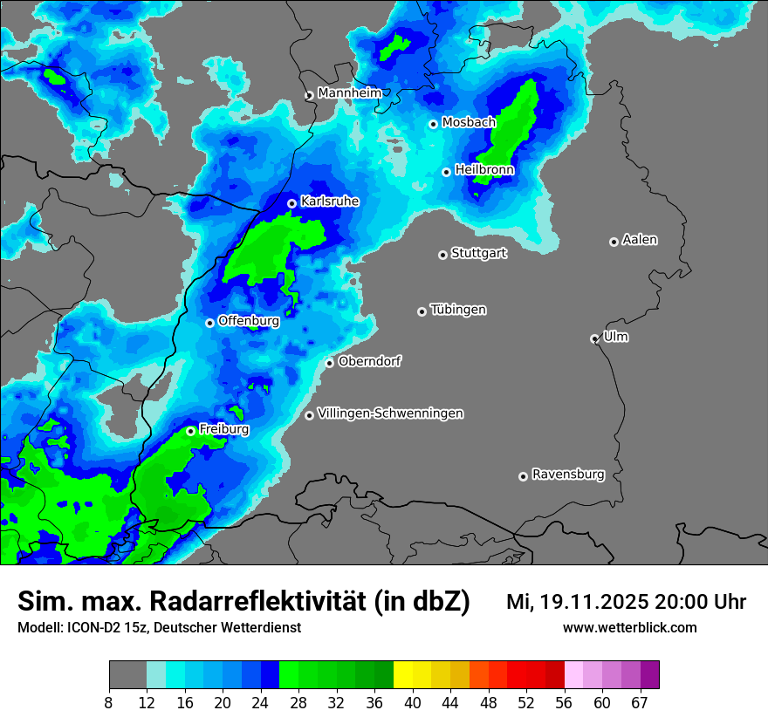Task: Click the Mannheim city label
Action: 349,92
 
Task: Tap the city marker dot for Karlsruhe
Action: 292,203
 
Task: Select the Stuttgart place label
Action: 478,253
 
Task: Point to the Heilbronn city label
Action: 484,169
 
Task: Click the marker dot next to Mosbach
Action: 433,124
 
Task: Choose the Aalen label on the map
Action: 640,239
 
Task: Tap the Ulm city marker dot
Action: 594,338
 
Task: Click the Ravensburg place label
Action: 568,475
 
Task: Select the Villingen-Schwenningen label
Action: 390,413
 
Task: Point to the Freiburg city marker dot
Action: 190,431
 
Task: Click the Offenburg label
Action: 249,320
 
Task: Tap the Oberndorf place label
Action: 370,360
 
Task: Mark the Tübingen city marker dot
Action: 422,311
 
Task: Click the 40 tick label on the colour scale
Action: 413,702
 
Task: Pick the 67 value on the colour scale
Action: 640,702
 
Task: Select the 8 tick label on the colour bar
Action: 109,702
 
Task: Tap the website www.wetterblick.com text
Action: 629,627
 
